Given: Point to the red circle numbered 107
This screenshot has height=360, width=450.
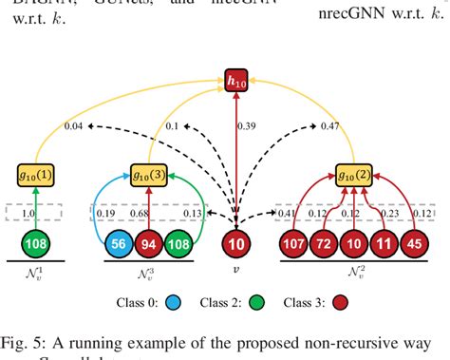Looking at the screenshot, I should [292, 245].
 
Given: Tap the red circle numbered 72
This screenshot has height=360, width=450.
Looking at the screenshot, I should [323, 245].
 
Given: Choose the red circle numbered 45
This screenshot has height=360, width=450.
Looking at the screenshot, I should [414, 245].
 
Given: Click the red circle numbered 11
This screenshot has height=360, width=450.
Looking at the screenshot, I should [384, 245].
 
